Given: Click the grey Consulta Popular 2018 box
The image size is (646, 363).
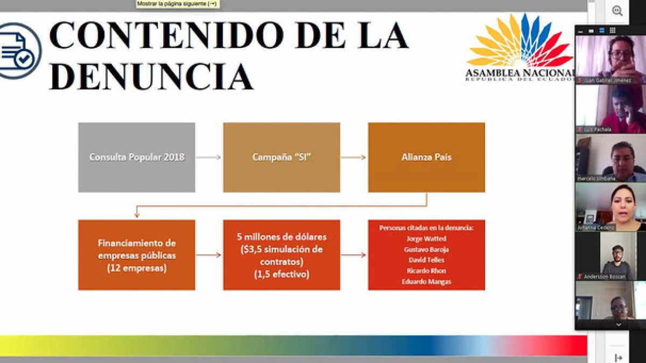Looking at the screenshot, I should (136, 157).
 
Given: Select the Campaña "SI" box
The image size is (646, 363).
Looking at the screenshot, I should (282, 157).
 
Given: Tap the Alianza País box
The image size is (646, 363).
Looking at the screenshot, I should (426, 157).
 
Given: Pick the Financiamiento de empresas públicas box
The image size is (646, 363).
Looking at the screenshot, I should (136, 255).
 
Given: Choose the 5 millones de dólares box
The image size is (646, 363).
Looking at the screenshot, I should (282, 255).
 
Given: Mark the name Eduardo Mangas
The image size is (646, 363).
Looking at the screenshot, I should (426, 281).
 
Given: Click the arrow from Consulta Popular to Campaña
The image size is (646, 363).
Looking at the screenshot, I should (209, 157).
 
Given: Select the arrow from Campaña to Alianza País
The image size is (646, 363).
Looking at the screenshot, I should (354, 157).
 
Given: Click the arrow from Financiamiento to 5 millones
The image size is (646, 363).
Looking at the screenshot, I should (209, 255).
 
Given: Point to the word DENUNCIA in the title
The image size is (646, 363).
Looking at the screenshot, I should (151, 76).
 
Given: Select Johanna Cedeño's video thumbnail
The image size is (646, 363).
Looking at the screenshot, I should (610, 207).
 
